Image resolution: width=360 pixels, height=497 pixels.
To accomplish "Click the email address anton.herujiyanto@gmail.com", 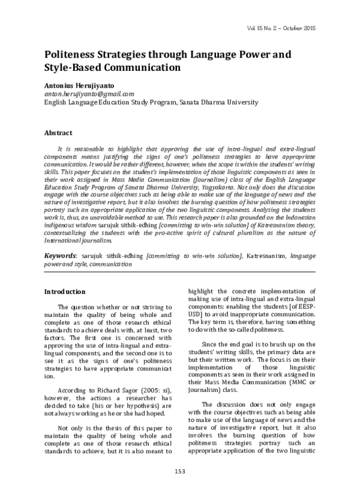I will pyautogui.click(x=89, y=94).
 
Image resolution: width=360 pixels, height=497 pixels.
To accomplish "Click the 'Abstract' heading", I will pyautogui.click(x=58, y=133).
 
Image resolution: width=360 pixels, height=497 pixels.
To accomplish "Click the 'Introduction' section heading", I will pyautogui.click(x=65, y=292).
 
